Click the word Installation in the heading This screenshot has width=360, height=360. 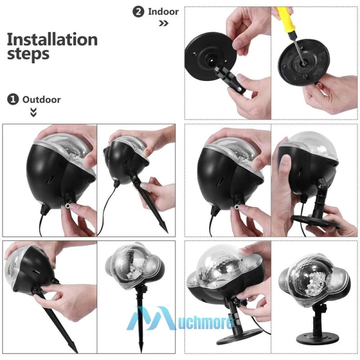click(x=52, y=40)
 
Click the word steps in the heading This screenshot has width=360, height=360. click(x=28, y=54)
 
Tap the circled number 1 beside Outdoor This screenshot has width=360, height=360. click(x=13, y=99)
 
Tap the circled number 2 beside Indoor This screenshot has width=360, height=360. click(x=139, y=12)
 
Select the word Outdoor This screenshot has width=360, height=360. click(x=41, y=99)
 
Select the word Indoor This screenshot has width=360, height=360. click(x=163, y=12)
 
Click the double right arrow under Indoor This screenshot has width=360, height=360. click(x=163, y=23)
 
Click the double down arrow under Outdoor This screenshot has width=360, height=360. click(x=33, y=112)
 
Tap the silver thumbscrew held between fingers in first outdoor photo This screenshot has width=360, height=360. click(x=68, y=206)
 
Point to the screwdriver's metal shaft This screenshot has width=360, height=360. click(x=298, y=48)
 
